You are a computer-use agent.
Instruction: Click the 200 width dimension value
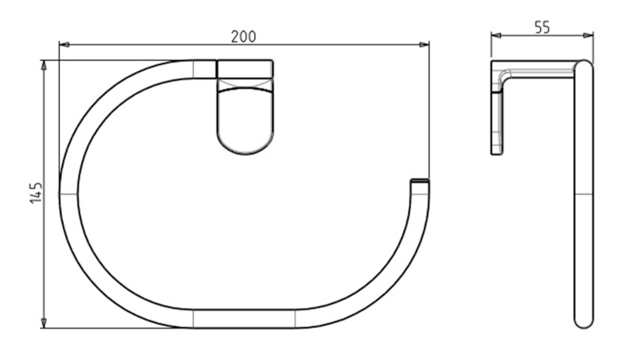pos(244,37)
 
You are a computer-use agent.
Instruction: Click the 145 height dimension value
pos(36,193)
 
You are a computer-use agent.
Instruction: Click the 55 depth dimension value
pos(542,28)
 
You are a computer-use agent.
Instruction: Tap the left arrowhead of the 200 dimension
pos(64,44)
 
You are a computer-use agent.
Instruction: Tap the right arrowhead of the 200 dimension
pos(424,44)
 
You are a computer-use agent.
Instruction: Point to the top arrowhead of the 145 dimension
pos(44,65)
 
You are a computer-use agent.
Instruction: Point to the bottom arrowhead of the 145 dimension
pos(44,323)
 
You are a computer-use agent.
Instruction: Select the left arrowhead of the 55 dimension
pos(496,36)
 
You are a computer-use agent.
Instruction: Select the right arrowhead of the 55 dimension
pos(589,36)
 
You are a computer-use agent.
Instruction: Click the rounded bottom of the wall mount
pos(245,145)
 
